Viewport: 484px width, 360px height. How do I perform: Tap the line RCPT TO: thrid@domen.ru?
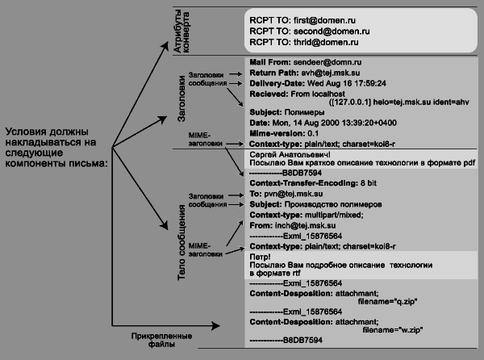click(303, 42)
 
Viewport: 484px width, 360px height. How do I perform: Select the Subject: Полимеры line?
click(282, 112)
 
